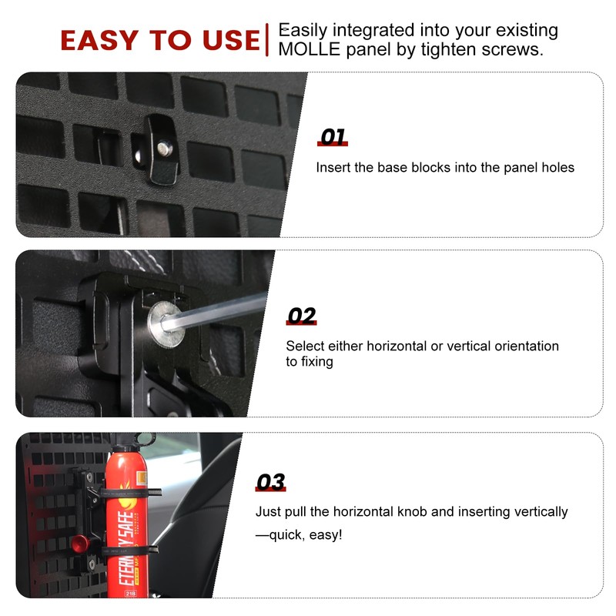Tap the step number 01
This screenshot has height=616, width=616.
coord(333,138)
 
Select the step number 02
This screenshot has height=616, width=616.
coord(301,316)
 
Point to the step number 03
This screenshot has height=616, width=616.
coord(270,483)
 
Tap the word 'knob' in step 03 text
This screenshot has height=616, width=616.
coord(435,511)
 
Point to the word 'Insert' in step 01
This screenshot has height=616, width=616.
coord(333,167)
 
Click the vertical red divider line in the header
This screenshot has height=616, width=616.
coord(266,40)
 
